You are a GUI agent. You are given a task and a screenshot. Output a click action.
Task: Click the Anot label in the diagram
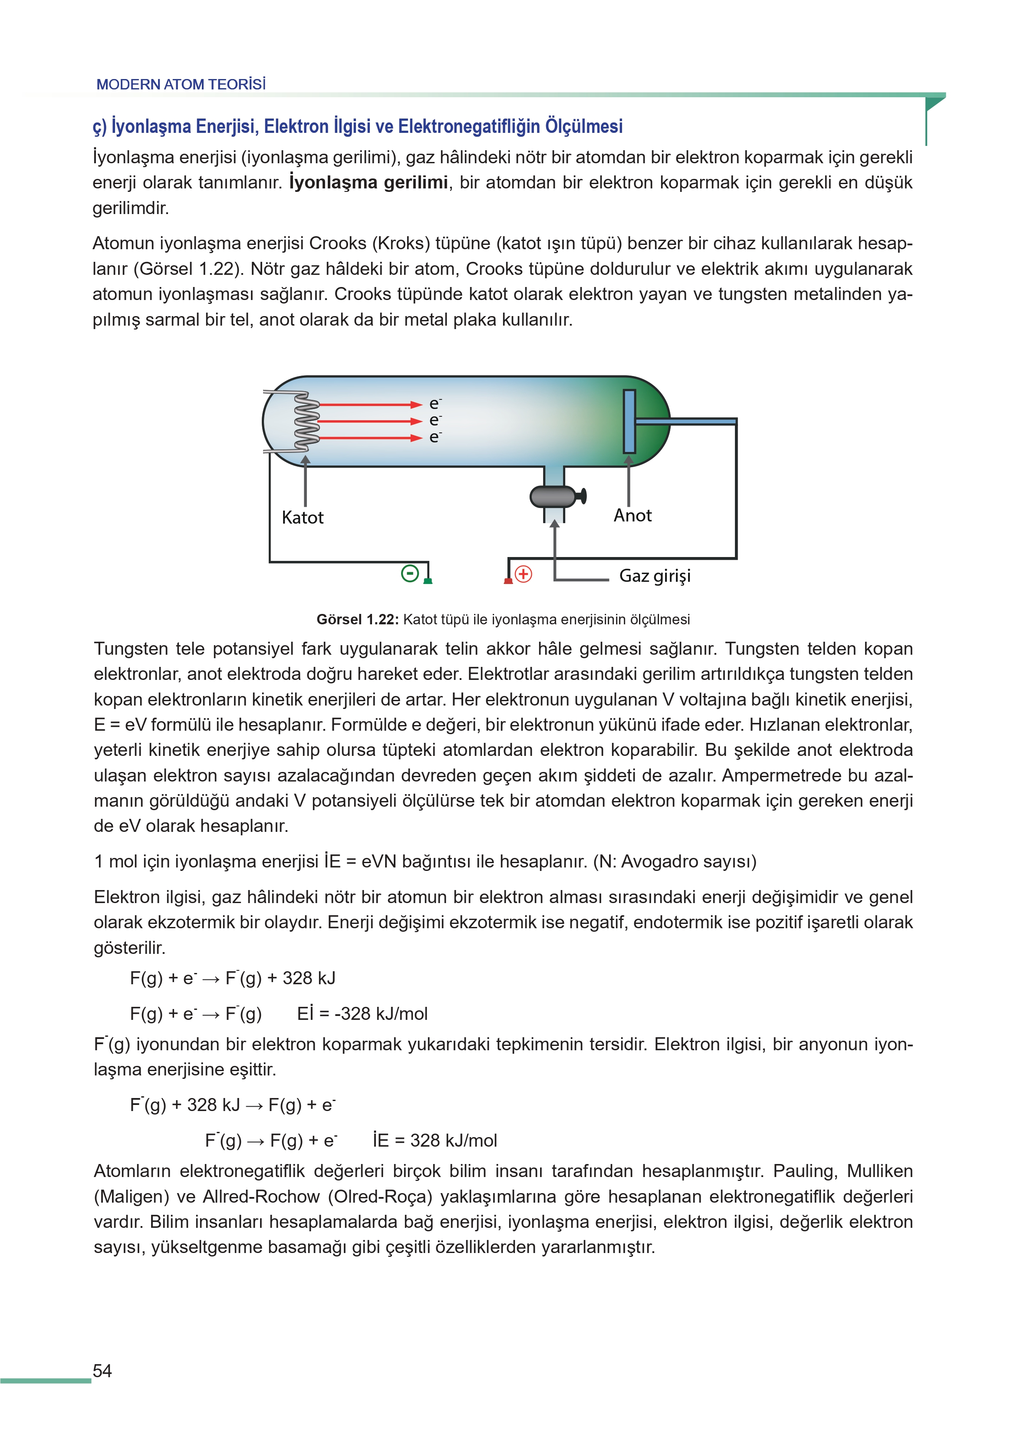632,515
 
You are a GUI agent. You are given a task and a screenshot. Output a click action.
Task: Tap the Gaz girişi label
655,576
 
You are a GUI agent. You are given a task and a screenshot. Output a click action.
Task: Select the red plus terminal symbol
523,574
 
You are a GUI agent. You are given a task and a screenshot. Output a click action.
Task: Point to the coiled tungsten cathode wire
306,422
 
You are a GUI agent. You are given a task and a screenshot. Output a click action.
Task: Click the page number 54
102,1371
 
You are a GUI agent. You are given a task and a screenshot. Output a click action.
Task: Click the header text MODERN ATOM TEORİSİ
181,84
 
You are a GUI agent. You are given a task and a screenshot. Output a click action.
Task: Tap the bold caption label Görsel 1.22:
357,620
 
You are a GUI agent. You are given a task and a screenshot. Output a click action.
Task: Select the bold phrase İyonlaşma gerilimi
368,183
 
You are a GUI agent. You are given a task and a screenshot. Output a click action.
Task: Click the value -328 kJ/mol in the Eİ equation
383,1014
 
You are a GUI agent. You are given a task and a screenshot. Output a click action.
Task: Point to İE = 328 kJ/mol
435,1141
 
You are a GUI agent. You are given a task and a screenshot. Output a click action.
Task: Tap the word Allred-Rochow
261,1197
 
